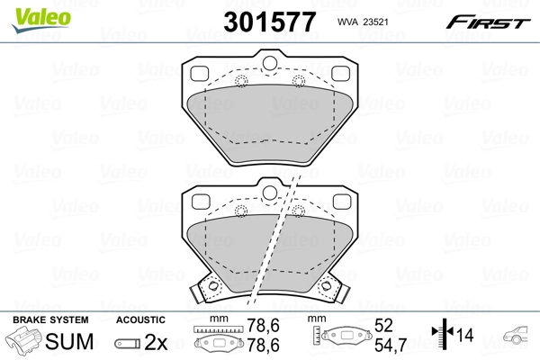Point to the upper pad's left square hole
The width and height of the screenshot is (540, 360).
coord(199,74)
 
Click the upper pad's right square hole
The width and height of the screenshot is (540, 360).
coord(340,74)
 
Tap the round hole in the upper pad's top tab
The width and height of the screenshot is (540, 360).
coord(269,63)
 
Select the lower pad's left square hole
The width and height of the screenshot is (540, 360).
coord(199,200)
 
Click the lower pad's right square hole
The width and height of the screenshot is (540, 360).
coord(340,200)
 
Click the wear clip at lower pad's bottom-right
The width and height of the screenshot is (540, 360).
coord(330,290)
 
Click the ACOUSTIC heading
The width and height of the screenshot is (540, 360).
coord(140,319)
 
